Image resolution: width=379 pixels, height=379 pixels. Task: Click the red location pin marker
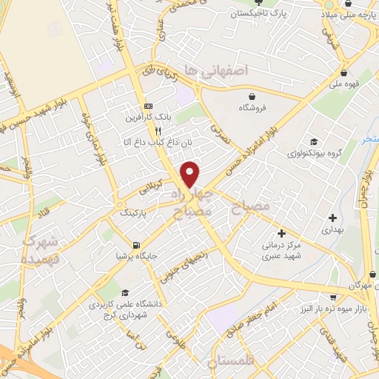190,173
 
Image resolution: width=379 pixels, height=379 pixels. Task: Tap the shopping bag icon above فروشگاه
254,96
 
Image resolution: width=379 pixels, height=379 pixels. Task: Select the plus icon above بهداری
332,218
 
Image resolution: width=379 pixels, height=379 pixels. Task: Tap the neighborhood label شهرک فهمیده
39,249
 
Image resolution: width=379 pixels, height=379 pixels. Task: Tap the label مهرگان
361,284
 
